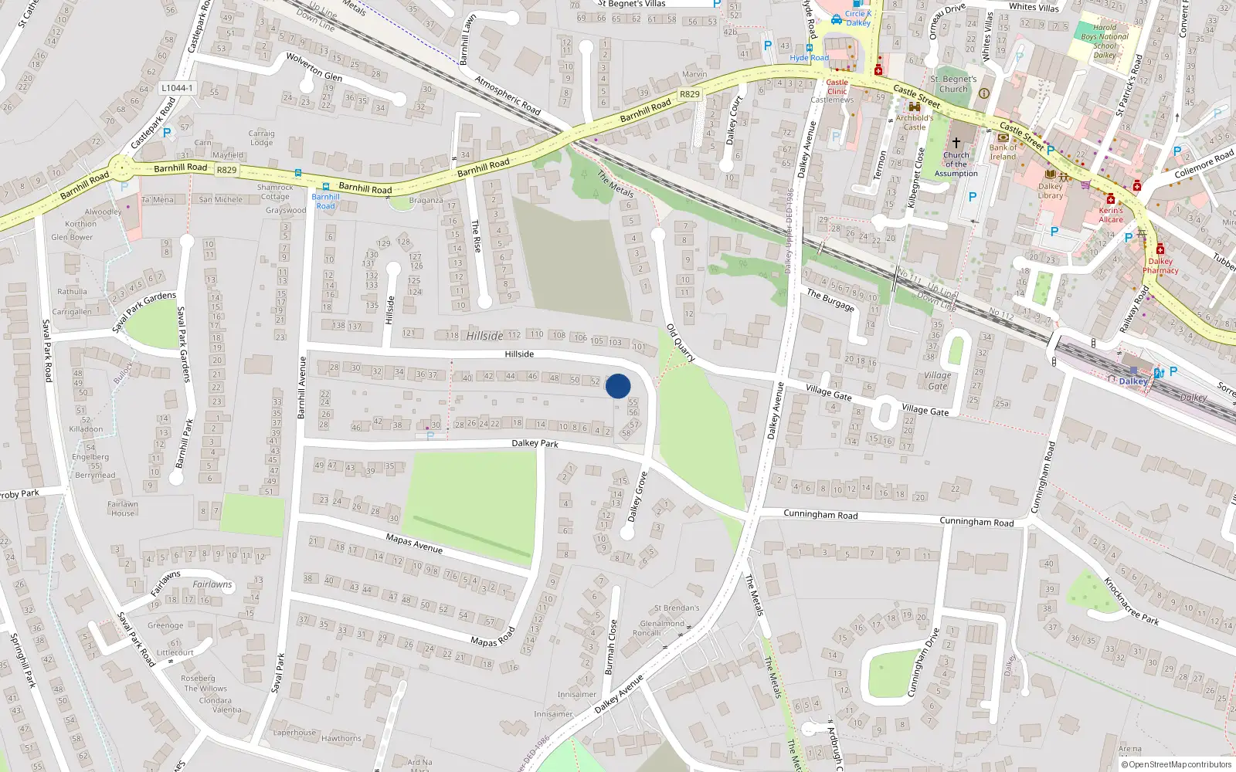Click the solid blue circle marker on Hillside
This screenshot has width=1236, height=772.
(x=618, y=386)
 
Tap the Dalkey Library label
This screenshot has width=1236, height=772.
(x=1050, y=191)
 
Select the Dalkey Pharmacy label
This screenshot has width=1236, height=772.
(x=1160, y=266)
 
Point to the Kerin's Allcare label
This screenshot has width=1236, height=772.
(x=1111, y=215)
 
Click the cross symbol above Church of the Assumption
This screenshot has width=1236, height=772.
(x=956, y=142)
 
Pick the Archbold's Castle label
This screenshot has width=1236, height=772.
(x=915, y=123)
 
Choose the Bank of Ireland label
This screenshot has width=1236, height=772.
(x=1003, y=152)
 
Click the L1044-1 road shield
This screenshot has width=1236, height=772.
(x=177, y=88)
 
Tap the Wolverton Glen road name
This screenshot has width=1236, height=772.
(x=314, y=67)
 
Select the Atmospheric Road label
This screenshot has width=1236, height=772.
(x=507, y=95)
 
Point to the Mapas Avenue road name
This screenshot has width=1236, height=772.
(x=414, y=543)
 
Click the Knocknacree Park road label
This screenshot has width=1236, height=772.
(x=1131, y=601)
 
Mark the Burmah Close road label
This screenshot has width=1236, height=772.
(x=611, y=647)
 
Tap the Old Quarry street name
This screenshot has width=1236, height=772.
(x=681, y=343)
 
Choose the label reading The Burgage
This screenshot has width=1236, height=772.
(x=830, y=300)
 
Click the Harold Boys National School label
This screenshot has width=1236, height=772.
(x=1105, y=41)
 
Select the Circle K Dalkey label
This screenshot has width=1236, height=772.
(x=857, y=18)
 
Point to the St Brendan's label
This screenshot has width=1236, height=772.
(x=676, y=608)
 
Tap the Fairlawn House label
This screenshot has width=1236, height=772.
(x=123, y=509)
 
